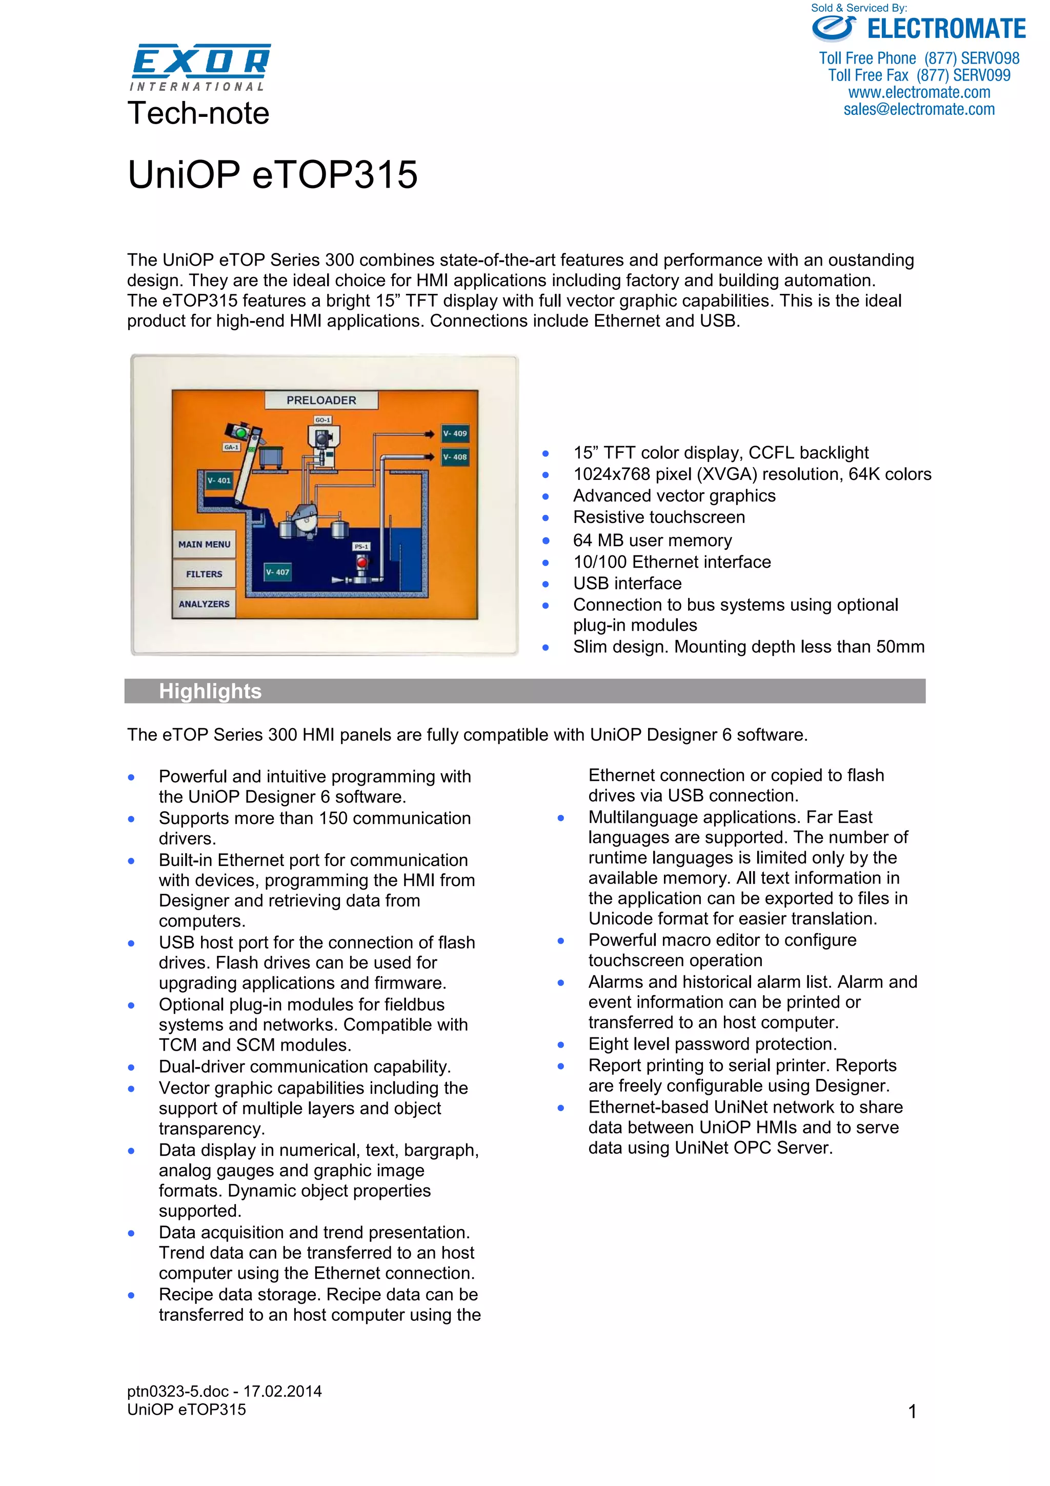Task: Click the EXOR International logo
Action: click(x=200, y=67)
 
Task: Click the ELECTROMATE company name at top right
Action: click(x=945, y=29)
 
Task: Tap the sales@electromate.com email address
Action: click(x=919, y=109)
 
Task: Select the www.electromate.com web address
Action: click(x=919, y=92)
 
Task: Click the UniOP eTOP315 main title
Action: click(x=272, y=175)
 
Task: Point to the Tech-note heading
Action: click(x=198, y=113)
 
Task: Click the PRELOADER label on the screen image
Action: click(x=321, y=400)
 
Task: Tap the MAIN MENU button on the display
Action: click(x=204, y=545)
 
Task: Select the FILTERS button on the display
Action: click(x=204, y=574)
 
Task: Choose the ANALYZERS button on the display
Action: click(x=204, y=604)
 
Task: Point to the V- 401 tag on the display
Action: click(x=219, y=480)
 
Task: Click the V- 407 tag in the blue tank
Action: click(x=277, y=572)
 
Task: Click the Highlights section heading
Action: click(x=210, y=691)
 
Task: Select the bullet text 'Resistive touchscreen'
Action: click(x=659, y=517)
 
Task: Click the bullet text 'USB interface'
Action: click(x=627, y=583)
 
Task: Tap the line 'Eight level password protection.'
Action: click(x=712, y=1044)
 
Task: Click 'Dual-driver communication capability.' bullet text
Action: click(x=305, y=1067)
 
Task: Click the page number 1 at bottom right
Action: click(x=912, y=1412)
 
